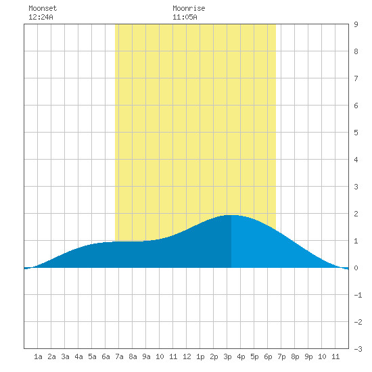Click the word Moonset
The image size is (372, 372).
[x=43, y=8]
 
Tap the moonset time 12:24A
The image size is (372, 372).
[x=41, y=17]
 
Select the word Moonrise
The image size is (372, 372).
[x=189, y=8]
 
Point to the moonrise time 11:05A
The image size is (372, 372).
[x=185, y=17]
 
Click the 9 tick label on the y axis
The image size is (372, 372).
[x=356, y=24]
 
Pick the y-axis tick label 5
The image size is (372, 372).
[x=356, y=133]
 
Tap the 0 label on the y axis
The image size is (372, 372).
[x=356, y=268]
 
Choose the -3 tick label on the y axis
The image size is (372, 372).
[x=358, y=349]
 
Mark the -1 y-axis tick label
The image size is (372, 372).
[x=358, y=295]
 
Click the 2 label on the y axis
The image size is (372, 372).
[x=356, y=214]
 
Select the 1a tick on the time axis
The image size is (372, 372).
[x=38, y=356]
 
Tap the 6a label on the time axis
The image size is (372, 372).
[x=106, y=356]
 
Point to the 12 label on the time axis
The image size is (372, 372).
[x=187, y=356]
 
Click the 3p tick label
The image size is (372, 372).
[x=227, y=356]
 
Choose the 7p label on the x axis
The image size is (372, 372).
[x=281, y=356]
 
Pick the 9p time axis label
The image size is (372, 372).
[x=308, y=356]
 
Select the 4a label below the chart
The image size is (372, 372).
[x=78, y=356]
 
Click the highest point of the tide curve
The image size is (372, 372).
[x=231, y=215]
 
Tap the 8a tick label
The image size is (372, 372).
[x=133, y=356]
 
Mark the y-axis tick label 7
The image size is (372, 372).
[x=356, y=78]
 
